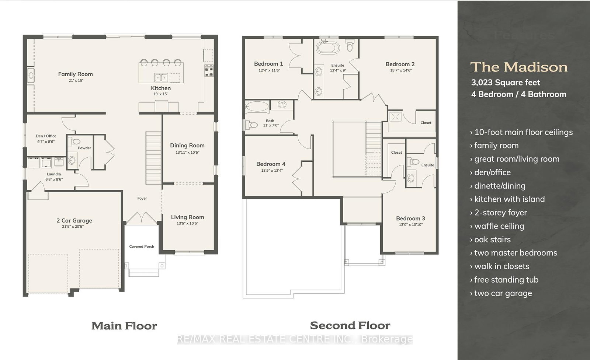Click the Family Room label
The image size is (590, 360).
(75, 74)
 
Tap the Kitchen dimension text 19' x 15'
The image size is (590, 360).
(160, 94)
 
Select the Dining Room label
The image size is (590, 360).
(187, 146)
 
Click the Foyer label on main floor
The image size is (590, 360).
(142, 198)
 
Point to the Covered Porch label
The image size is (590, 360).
(142, 247)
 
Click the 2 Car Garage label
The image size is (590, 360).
(74, 220)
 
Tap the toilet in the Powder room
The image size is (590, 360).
(76, 141)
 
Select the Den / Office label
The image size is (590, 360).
(46, 136)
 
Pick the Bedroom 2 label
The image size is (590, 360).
(400, 64)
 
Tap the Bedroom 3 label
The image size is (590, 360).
(410, 218)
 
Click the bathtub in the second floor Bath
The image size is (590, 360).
(257, 107)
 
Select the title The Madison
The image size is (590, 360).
(519, 67)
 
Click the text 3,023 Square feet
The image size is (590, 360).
(505, 83)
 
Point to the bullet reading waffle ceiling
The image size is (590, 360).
(499, 226)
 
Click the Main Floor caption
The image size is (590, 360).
(124, 326)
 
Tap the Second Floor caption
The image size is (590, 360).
(350, 325)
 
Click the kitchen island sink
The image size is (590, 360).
(161, 77)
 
